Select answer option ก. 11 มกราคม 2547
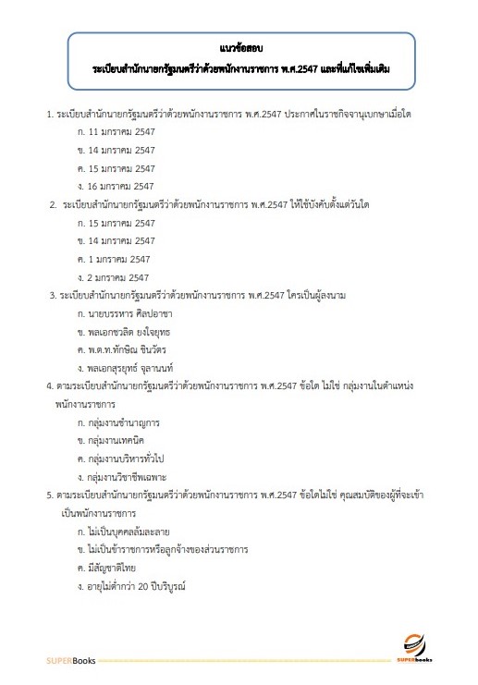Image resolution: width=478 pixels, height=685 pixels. point(117,132)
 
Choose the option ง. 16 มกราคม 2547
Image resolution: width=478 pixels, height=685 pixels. point(117,186)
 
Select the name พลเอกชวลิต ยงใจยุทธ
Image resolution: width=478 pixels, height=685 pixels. point(129,331)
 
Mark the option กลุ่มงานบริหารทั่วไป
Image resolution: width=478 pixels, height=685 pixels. point(125,459)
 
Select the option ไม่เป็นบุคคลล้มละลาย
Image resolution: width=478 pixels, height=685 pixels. point(128,531)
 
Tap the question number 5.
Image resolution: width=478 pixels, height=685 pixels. point(49,495)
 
